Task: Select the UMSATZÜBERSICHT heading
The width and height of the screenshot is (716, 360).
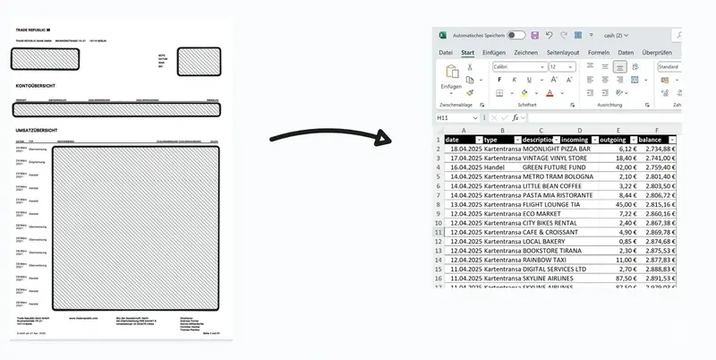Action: click(37, 131)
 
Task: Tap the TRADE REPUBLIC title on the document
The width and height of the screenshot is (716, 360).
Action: click(34, 30)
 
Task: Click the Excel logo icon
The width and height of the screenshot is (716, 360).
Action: click(442, 35)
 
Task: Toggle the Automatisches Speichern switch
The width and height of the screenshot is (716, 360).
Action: click(516, 35)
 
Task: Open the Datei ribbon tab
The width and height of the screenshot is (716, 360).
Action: click(446, 53)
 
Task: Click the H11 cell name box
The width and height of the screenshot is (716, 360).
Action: click(456, 117)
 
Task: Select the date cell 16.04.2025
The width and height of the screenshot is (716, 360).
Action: click(463, 167)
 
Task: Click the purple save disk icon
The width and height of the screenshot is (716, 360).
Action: click(534, 35)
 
